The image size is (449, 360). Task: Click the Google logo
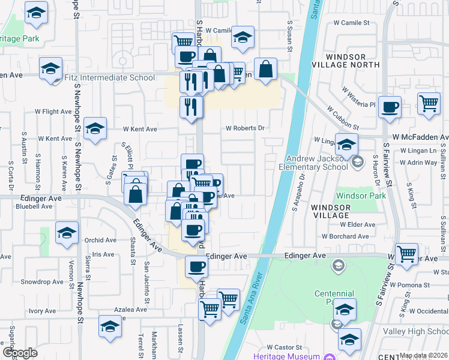pos(19,353)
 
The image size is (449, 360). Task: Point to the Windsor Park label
pos(356,196)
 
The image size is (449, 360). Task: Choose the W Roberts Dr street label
pos(245,128)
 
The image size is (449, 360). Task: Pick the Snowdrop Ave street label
pos(42,281)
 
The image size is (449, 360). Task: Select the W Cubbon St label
pos(342,118)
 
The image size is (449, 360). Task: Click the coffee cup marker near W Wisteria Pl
pos(390,106)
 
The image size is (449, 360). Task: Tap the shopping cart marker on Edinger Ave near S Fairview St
pos(407,253)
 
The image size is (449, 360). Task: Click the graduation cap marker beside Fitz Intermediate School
pos(51,68)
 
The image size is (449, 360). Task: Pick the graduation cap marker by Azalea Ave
pos(110,326)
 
